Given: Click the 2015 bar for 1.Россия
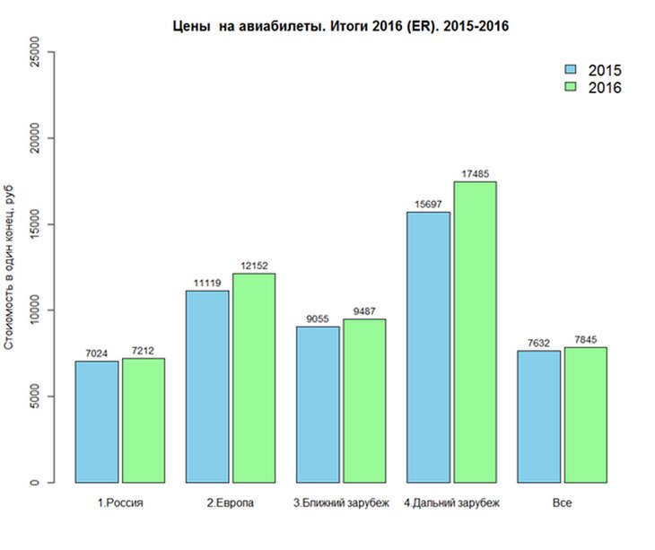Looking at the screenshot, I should click(x=97, y=422).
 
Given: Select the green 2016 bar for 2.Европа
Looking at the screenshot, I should click(x=254, y=378).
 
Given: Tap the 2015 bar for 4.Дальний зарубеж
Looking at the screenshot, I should click(x=428, y=346).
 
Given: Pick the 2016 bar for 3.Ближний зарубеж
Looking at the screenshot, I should click(x=364, y=400).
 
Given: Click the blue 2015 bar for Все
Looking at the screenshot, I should click(x=539, y=416).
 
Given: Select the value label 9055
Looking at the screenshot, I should click(x=318, y=319).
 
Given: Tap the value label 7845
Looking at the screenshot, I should click(x=585, y=339).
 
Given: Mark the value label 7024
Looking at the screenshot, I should click(x=97, y=354).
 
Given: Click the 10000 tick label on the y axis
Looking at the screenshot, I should click(x=35, y=310).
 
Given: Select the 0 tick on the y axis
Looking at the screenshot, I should click(x=35, y=483).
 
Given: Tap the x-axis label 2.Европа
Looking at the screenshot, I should click(x=231, y=503).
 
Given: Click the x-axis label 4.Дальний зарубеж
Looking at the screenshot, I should click(x=451, y=503).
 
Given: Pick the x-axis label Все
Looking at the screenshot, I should click(x=562, y=503).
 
